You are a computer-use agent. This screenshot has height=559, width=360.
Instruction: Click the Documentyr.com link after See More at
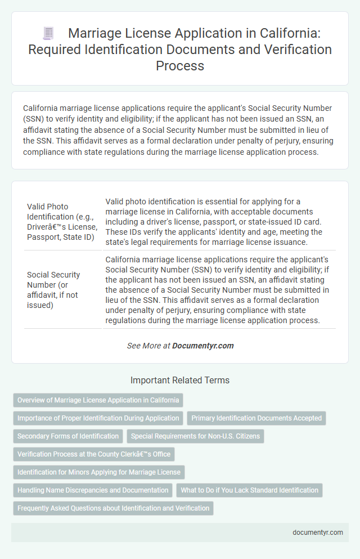pyautogui.click(x=203, y=346)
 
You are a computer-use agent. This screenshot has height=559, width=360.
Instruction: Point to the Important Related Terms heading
pyautogui.click(x=180, y=381)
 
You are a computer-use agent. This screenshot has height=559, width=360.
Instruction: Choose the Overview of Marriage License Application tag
pyautogui.click(x=98, y=400)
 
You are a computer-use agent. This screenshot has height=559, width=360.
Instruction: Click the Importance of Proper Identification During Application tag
pyautogui.click(x=98, y=418)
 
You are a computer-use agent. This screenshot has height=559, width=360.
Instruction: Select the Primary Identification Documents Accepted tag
pyautogui.click(x=256, y=418)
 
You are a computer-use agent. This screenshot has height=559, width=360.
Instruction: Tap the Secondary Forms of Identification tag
pyautogui.click(x=68, y=436)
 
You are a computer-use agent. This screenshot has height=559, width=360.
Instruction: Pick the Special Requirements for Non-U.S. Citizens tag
pyautogui.click(x=195, y=436)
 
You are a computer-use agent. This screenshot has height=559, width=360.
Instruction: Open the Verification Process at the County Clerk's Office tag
pyautogui.click(x=94, y=454)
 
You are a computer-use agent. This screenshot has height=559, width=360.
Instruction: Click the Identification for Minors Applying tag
pyautogui.click(x=99, y=472)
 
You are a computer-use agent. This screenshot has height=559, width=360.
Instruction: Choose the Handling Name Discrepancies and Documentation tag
pyautogui.click(x=93, y=490)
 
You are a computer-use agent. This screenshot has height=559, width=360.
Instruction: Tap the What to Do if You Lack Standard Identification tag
pyautogui.click(x=249, y=490)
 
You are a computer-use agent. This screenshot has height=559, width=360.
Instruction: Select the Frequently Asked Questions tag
pyautogui.click(x=113, y=508)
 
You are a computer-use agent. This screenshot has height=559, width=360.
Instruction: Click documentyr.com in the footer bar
pyautogui.click(x=318, y=532)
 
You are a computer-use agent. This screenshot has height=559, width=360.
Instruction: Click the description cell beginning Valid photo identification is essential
pyautogui.click(x=219, y=222)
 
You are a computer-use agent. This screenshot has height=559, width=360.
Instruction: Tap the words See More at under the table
pyautogui.click(x=148, y=346)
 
